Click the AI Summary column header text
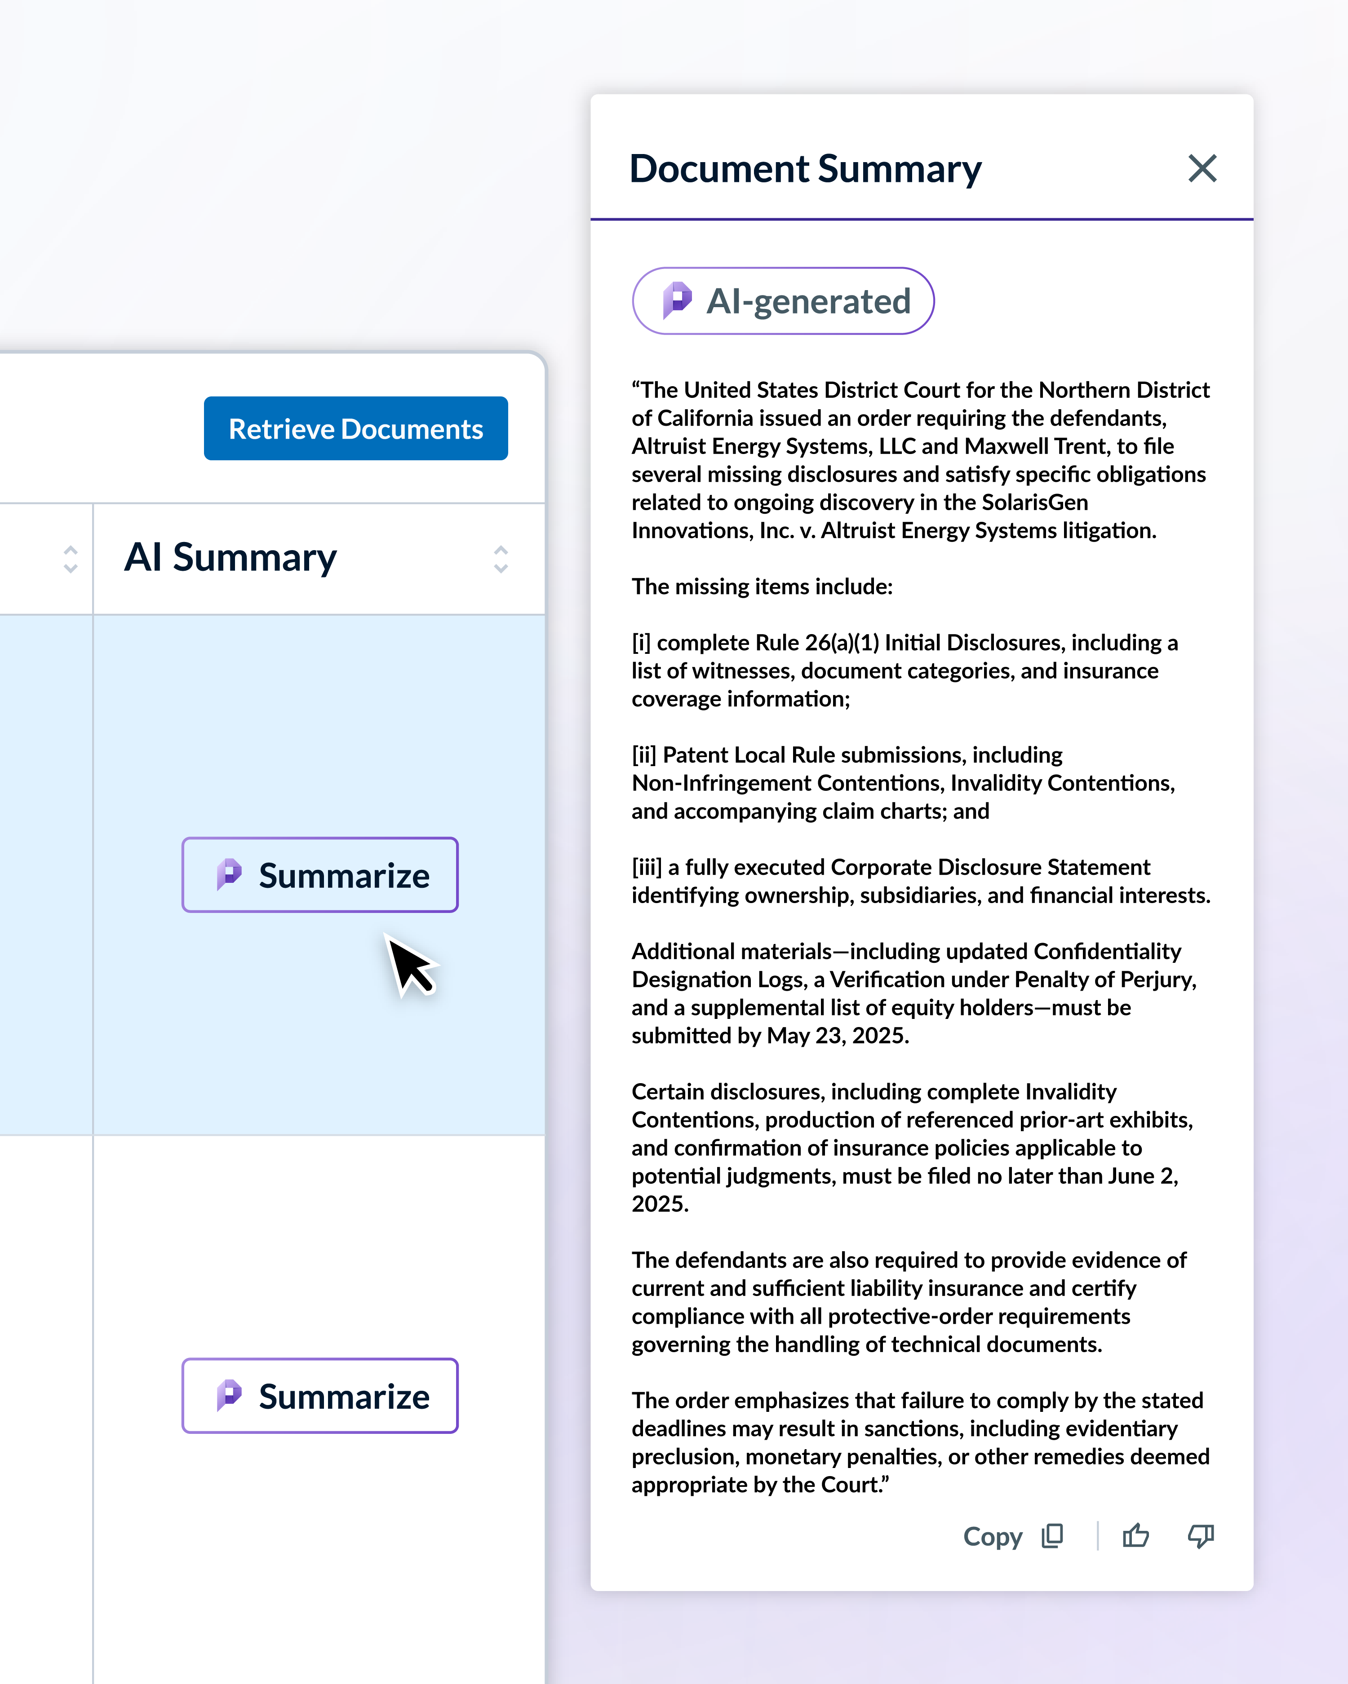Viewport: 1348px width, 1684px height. pos(231,558)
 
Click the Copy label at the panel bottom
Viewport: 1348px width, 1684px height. pos(993,1536)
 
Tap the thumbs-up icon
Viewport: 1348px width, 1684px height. pos(1135,1536)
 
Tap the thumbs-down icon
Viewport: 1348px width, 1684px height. pos(1200,1536)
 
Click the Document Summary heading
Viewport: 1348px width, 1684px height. pos(805,169)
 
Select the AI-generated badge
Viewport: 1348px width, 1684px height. pos(783,301)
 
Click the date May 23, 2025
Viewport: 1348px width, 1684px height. pos(837,1036)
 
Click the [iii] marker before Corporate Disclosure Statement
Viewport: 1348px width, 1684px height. pos(646,867)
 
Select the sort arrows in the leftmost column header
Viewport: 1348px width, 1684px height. pos(71,559)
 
